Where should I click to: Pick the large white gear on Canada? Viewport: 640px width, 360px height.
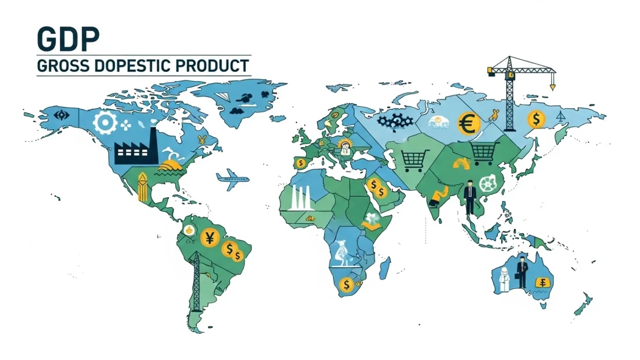pos(104,123)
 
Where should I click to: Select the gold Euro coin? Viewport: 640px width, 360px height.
pos(469,124)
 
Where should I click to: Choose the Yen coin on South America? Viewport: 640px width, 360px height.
pos(209,237)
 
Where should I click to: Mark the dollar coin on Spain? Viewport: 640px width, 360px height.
pos(301,163)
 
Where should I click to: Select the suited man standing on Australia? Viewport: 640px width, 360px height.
pos(522,271)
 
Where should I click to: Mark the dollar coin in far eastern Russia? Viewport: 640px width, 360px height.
pos(536,120)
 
